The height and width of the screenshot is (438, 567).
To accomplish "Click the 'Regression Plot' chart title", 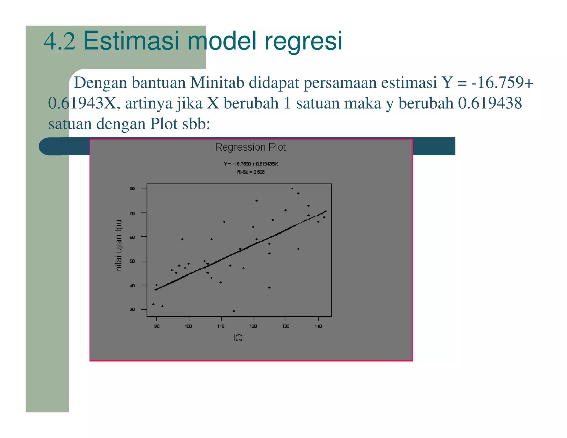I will (251, 147).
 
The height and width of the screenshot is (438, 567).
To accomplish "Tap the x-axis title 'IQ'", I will (238, 338).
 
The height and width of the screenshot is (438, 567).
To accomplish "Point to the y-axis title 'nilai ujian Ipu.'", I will (118, 244).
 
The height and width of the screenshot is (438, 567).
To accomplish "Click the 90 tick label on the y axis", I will (132, 189).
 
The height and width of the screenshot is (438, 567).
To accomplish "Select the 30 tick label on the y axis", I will (132, 310).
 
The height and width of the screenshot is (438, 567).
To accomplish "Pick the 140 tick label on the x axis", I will (318, 326).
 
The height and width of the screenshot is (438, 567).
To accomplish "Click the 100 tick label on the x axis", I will (189, 326).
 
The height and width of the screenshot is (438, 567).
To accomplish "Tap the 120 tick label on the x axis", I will (253, 326).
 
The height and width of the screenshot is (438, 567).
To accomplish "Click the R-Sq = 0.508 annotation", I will (251, 172).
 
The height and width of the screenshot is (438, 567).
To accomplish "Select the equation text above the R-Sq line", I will (251, 164).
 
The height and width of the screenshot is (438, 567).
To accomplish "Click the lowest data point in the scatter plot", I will (234, 311).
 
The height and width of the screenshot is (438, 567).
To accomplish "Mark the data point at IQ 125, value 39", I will (269, 288).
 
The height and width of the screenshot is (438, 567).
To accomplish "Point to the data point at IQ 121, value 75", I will (257, 201).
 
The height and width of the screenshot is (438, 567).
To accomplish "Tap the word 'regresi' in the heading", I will (303, 41).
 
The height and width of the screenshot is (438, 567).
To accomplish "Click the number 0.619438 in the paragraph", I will (490, 103).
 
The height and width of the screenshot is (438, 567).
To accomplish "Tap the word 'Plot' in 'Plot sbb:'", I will (164, 123).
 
